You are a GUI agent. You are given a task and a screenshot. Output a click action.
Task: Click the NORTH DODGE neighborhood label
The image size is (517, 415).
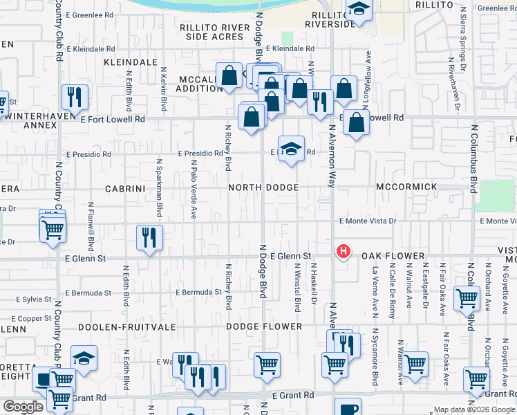[x=264, y=187]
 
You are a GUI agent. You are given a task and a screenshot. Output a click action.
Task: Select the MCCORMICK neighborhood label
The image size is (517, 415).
[x=406, y=187]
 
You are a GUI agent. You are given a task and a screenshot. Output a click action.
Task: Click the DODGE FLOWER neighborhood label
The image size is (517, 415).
[x=264, y=326]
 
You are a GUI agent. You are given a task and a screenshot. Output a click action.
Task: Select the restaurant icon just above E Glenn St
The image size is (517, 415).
[x=149, y=237]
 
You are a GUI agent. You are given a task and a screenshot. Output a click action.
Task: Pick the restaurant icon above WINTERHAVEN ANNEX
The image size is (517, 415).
[x=74, y=97]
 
